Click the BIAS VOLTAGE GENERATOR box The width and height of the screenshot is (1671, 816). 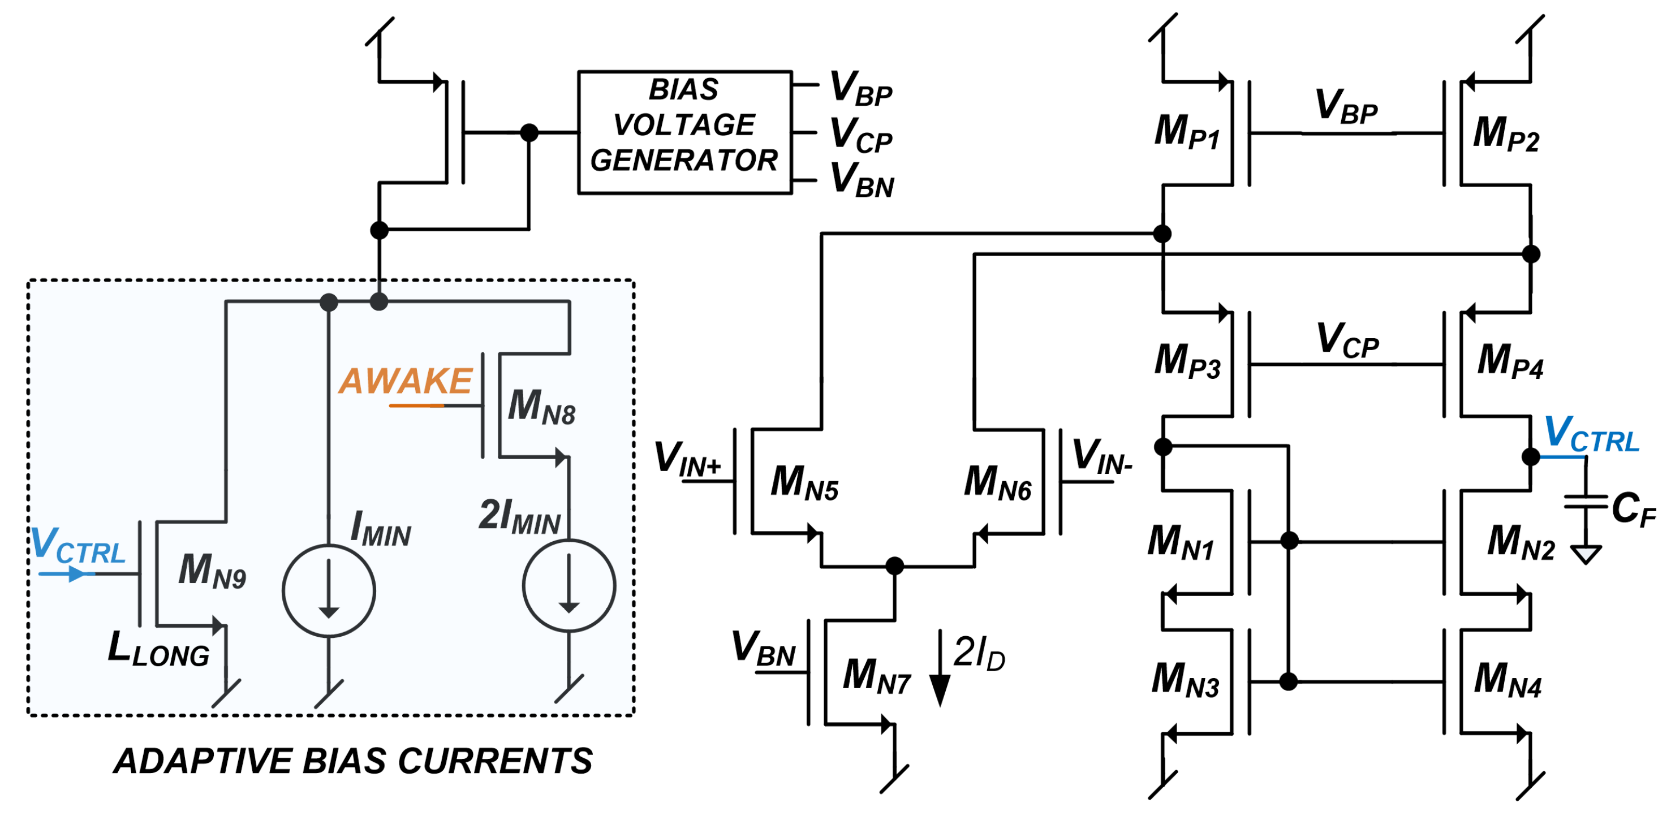[684, 132]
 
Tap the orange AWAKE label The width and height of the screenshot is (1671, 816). [406, 381]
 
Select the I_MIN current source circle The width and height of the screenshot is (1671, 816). [329, 591]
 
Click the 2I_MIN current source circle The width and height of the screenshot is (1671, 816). [569, 586]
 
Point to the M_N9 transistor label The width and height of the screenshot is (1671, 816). [212, 570]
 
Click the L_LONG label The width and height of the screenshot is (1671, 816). [159, 649]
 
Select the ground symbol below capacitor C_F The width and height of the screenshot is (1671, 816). [1586, 555]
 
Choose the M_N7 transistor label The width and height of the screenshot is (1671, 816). [877, 676]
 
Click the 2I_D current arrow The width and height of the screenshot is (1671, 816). [940, 668]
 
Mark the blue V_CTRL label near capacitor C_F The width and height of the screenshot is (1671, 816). [1592, 435]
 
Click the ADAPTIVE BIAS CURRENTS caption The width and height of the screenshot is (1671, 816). [354, 761]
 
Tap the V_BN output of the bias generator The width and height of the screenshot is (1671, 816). [862, 180]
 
